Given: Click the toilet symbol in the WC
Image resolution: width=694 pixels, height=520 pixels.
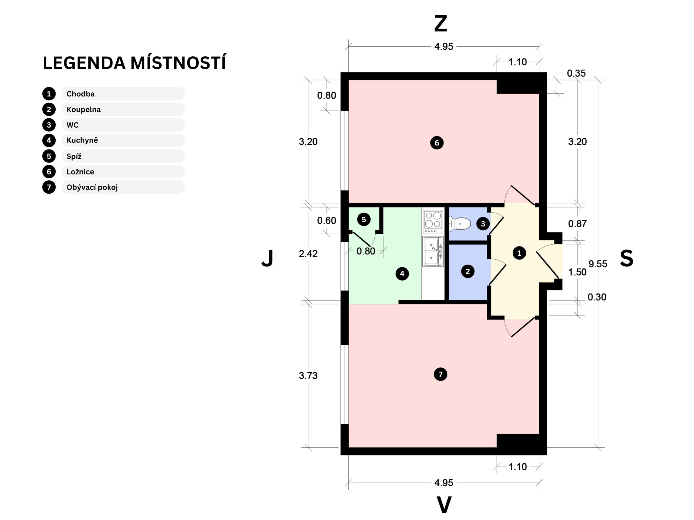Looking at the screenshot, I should pyautogui.click(x=460, y=224).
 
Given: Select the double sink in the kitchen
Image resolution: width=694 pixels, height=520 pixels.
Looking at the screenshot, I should pyautogui.click(x=433, y=252).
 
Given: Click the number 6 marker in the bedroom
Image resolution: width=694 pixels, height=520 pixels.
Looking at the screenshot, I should pyautogui.click(x=437, y=143).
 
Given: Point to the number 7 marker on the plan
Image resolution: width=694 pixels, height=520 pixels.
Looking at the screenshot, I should pyautogui.click(x=441, y=374).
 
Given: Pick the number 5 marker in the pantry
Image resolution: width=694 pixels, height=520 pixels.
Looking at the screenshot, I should pyautogui.click(x=364, y=219).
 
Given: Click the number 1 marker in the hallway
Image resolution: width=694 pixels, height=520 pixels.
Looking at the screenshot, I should pyautogui.click(x=519, y=253).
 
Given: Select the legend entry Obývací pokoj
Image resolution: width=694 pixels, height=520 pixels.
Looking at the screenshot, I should pyautogui.click(x=92, y=187).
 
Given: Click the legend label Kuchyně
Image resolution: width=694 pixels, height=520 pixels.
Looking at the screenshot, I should pyautogui.click(x=82, y=140).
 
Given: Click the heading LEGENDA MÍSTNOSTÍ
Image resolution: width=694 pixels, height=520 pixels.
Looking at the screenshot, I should pyautogui.click(x=134, y=63).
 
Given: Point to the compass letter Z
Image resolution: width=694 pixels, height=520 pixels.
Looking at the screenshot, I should pyautogui.click(x=441, y=24).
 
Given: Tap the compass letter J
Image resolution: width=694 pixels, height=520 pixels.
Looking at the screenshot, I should pyautogui.click(x=267, y=258).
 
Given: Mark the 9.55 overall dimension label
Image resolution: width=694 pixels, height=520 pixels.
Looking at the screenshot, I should pyautogui.click(x=598, y=264).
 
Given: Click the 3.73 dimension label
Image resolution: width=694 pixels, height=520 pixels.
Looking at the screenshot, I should pyautogui.click(x=308, y=375).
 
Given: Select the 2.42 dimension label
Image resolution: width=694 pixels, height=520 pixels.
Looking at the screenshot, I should pyautogui.click(x=308, y=253).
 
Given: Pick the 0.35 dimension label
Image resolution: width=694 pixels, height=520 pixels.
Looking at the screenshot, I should pyautogui.click(x=576, y=73).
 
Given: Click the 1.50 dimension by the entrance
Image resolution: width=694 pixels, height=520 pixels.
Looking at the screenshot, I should pyautogui.click(x=577, y=272).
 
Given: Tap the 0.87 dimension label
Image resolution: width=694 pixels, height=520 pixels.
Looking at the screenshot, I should pyautogui.click(x=577, y=224).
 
